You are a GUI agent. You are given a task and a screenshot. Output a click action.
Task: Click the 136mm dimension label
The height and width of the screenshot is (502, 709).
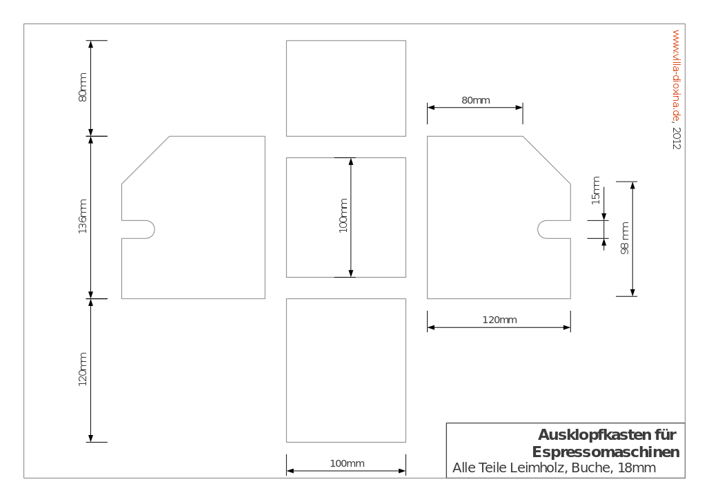tap(82, 216)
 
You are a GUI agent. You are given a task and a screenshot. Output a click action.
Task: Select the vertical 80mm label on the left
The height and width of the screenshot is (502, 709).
tap(82, 88)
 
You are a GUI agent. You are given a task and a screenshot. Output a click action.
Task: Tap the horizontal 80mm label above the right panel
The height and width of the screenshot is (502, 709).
tap(476, 100)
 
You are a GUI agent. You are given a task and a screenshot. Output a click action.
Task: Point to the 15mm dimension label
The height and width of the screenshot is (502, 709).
tap(596, 190)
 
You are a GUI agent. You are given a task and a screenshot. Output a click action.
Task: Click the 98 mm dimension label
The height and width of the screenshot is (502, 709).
tap(624, 238)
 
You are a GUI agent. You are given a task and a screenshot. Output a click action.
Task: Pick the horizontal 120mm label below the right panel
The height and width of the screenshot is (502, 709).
tap(499, 320)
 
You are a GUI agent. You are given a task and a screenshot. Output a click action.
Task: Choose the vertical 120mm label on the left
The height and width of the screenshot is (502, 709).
tap(82, 369)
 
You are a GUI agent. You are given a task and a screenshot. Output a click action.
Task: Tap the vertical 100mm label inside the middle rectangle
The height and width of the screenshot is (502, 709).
tap(343, 216)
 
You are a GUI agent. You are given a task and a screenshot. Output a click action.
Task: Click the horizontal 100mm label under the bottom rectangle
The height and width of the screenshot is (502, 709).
tap(348, 463)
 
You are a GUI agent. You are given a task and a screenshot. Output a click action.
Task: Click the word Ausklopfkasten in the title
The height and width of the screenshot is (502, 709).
tap(594, 434)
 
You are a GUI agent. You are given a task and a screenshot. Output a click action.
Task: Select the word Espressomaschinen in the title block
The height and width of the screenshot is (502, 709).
tap(606, 452)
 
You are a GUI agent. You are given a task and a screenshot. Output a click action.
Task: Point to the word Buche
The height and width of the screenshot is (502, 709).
tap(592, 467)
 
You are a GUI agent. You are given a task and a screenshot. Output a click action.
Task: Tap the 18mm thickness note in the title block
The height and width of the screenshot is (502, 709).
tap(637, 467)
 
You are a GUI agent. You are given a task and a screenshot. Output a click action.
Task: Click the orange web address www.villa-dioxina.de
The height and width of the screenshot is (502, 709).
tap(676, 76)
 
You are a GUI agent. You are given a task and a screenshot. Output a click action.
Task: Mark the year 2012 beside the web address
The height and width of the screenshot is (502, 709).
tap(676, 138)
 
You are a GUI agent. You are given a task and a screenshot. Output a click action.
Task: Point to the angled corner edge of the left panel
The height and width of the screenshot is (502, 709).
tap(146, 160)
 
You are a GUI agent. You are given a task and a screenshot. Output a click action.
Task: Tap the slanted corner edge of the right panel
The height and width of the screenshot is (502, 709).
tap(547, 160)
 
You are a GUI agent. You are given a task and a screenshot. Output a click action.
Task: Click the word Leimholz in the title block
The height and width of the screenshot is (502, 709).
tap(539, 467)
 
